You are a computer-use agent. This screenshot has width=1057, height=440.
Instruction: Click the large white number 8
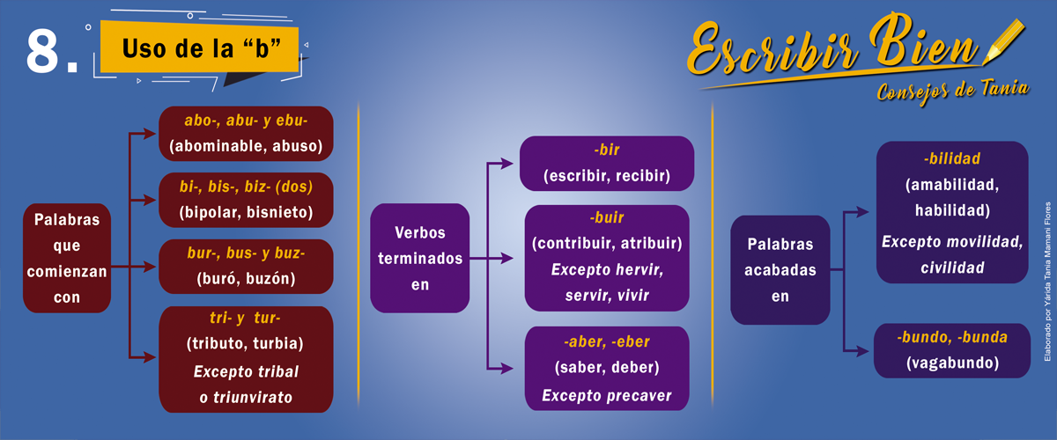42,50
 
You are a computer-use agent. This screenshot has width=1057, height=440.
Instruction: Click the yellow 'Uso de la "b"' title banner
200,48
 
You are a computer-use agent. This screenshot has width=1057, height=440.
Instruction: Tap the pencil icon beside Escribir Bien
1003,42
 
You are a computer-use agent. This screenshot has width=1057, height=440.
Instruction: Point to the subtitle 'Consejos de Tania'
953,91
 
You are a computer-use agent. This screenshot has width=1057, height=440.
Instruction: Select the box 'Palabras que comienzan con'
67,258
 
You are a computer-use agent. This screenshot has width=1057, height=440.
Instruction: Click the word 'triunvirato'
253,398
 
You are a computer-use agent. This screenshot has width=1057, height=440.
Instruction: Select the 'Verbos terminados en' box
419,258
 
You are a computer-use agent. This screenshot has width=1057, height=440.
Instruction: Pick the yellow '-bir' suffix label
606,150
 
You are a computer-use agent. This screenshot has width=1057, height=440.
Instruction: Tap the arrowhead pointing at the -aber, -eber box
507,369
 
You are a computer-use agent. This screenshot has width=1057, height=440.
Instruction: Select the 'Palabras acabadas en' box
780,270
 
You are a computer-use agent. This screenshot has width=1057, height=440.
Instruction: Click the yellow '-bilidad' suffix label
952,158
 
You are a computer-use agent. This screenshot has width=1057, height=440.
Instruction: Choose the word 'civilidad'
952,268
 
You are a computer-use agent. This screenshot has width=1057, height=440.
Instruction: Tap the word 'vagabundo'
952,363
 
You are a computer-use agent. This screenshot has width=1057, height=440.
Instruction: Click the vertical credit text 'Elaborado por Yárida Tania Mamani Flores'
1047,282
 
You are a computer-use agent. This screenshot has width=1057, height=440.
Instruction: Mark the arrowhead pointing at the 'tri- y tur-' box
150,357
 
